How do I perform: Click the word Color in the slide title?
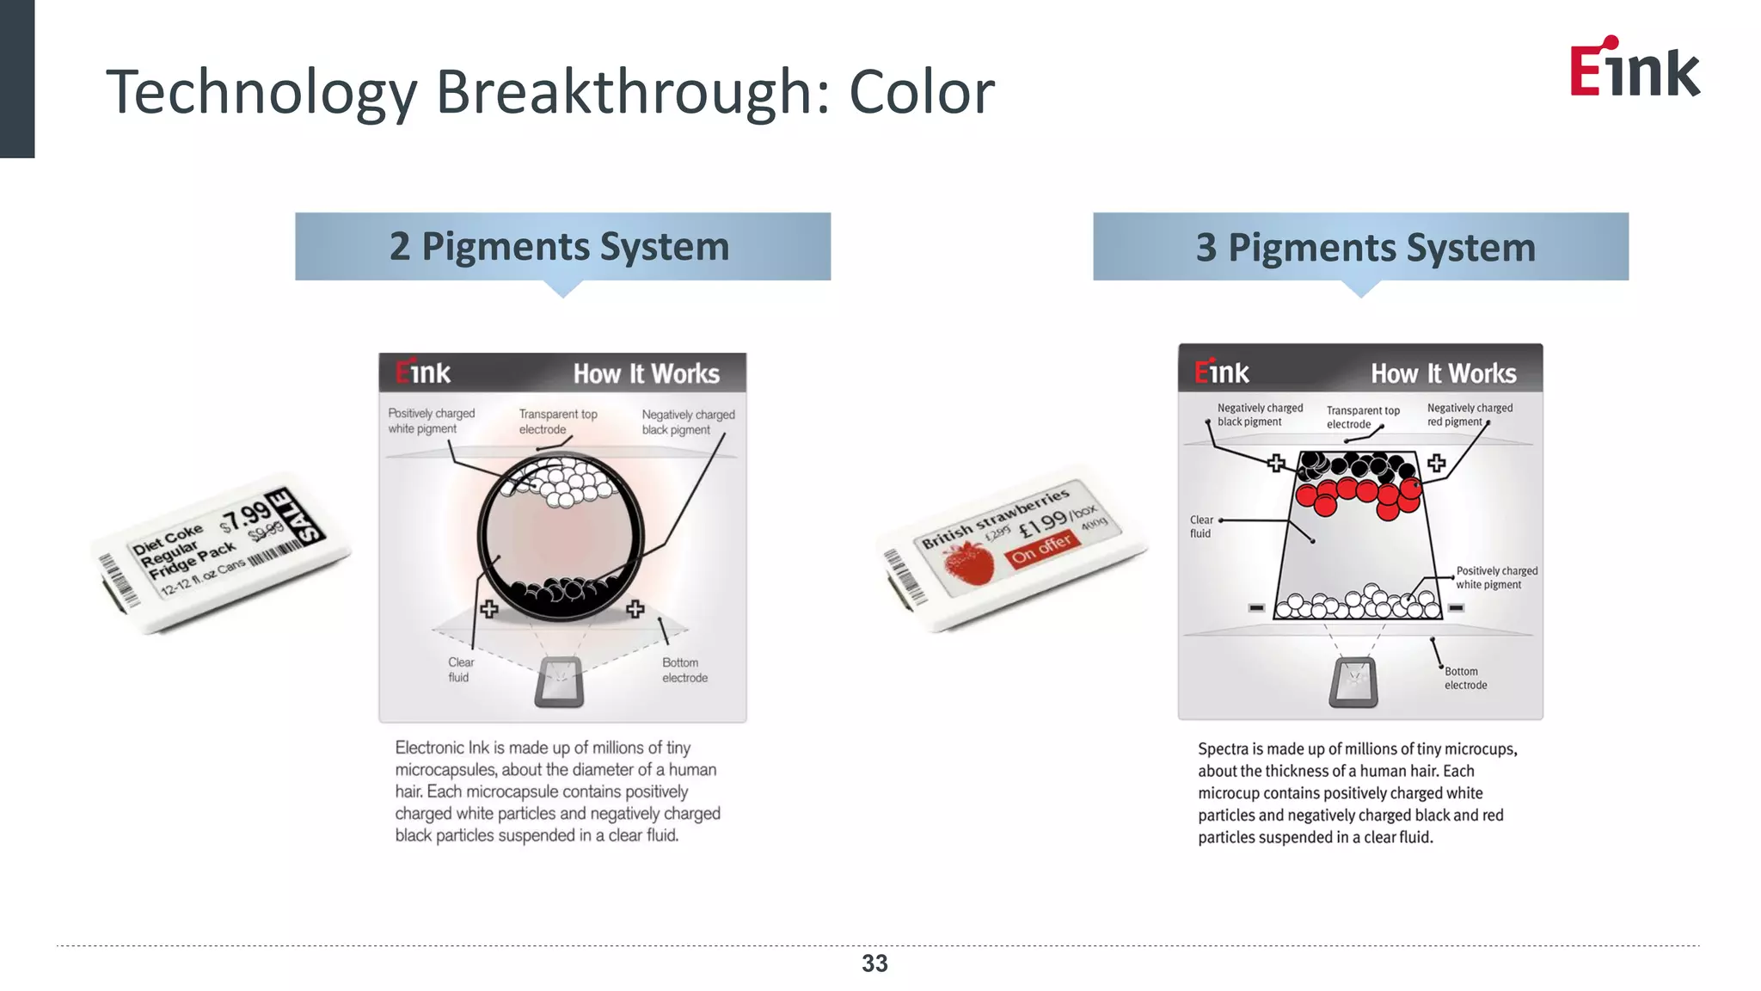pos(921,92)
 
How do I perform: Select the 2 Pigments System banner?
pos(562,247)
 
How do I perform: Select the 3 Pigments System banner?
pos(1360,247)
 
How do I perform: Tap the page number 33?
pos(874,963)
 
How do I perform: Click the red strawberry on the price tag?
pos(970,563)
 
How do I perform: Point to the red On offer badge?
pos(1041,548)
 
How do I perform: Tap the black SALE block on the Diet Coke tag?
pos(294,516)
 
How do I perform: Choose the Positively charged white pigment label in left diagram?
pos(430,421)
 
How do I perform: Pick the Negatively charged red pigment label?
pos(1469,415)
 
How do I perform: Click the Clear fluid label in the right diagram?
pos(1200,526)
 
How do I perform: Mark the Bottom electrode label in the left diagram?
pos(684,670)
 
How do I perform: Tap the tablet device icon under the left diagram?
pos(560,681)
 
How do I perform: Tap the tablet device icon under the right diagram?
pos(1353,682)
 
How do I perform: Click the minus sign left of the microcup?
pos(1256,608)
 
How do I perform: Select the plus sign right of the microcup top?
pos(1436,464)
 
